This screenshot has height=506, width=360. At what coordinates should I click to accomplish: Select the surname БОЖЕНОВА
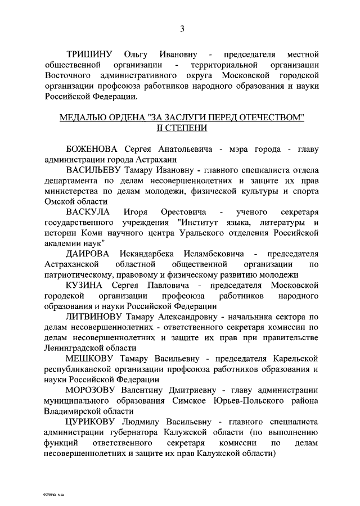[93, 149]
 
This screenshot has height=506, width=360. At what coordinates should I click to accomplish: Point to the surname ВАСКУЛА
[89, 212]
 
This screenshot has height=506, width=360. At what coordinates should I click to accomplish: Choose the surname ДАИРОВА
[90, 254]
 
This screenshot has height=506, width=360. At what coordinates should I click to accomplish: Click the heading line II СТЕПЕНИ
[182, 128]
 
